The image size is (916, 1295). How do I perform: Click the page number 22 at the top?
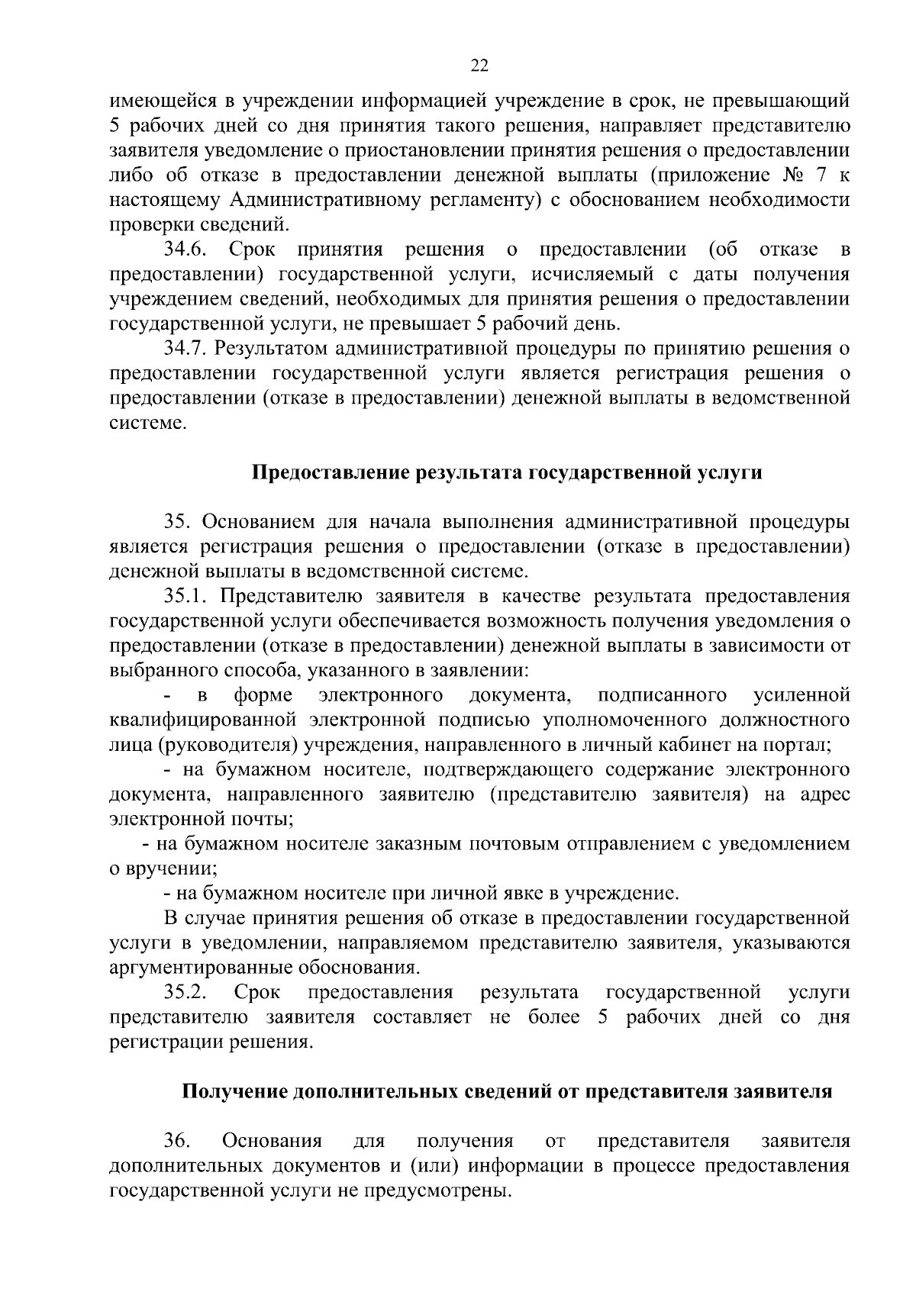(x=479, y=66)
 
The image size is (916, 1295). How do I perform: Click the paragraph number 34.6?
(x=185, y=250)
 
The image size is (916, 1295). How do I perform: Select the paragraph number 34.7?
(x=185, y=350)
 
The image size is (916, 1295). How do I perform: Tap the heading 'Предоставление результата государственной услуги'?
(x=507, y=473)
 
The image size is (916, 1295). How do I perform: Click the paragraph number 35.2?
(x=185, y=993)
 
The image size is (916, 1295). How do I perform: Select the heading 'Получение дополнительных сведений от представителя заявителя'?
(x=507, y=1092)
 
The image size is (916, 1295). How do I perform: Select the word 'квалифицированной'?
(x=202, y=720)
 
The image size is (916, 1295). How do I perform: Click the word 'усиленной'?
(x=801, y=696)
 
